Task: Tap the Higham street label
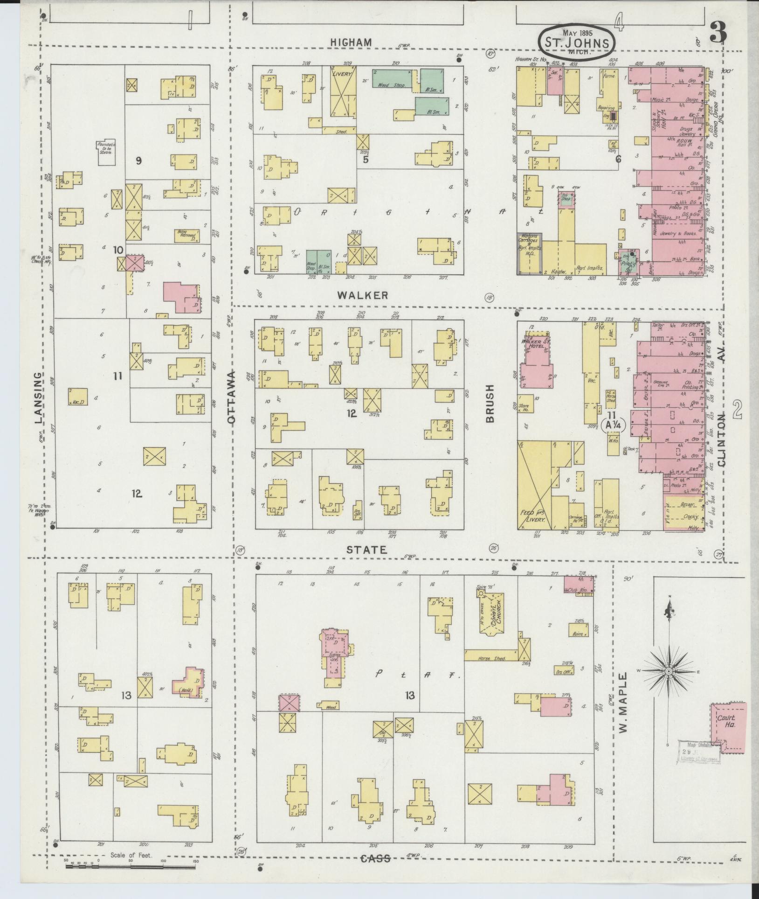point(351,42)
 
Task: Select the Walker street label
point(363,295)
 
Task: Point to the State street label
point(366,550)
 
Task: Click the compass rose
point(668,671)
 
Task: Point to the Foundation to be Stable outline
point(106,153)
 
